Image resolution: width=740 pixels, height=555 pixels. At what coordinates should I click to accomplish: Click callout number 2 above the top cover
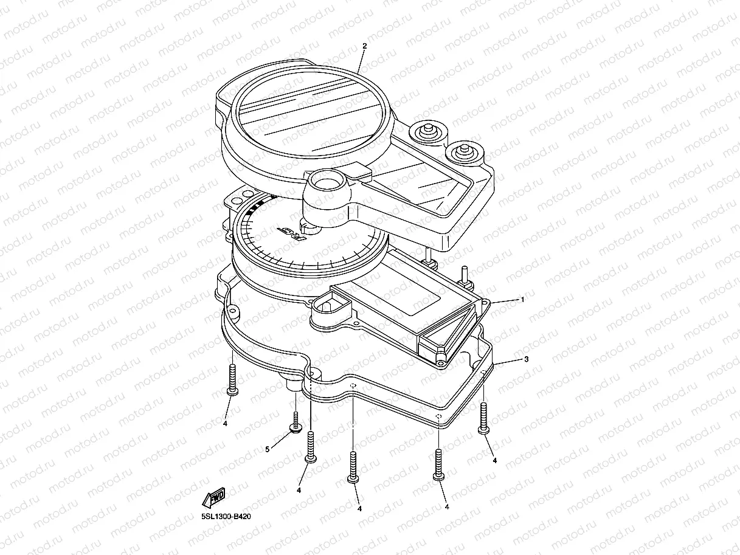[364, 46]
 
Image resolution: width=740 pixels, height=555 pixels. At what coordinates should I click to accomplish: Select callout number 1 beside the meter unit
[523, 299]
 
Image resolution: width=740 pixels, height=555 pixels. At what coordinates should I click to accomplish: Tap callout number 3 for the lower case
[527, 359]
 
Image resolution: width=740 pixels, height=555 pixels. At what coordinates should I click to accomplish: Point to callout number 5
[268, 449]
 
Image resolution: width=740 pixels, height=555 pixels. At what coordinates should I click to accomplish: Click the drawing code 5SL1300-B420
[226, 517]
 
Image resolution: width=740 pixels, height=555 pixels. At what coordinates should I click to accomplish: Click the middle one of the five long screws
[353, 467]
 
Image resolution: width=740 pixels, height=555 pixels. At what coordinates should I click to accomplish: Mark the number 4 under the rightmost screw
[494, 460]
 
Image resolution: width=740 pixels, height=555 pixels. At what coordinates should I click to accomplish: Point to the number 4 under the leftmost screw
[225, 423]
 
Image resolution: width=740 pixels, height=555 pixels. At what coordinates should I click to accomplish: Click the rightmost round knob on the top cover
[465, 153]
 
